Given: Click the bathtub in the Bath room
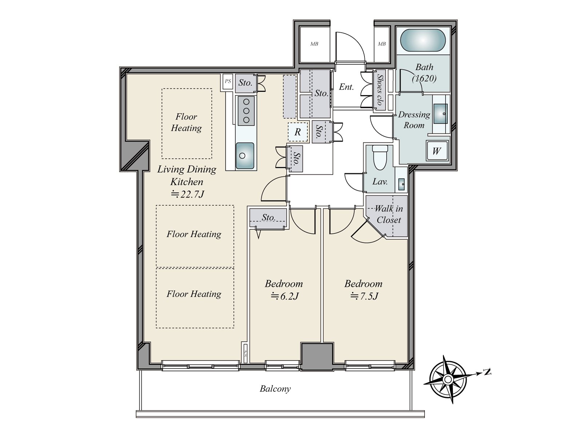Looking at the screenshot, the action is click(x=423, y=40).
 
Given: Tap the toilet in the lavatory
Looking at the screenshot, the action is click(x=380, y=158).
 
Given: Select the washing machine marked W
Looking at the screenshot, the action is click(x=436, y=151).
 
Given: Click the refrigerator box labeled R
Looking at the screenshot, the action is click(x=298, y=132).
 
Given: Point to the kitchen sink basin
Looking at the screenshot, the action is click(x=245, y=156).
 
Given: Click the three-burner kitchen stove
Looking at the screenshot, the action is click(x=246, y=111).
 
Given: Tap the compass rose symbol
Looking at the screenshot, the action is click(x=448, y=380).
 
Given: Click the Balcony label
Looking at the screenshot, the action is click(x=275, y=389).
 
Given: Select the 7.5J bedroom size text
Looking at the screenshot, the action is click(x=364, y=296).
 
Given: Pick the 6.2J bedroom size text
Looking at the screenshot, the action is click(x=284, y=296).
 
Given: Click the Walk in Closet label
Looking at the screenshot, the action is click(x=389, y=214).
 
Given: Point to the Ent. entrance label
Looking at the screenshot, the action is click(x=346, y=87).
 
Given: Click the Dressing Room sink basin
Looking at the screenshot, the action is click(x=441, y=114).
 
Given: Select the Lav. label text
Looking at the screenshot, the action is click(x=380, y=182).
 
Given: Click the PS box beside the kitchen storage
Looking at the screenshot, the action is click(x=228, y=81).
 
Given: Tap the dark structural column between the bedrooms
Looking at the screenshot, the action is click(x=316, y=356).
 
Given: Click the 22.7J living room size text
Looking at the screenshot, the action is click(x=187, y=195).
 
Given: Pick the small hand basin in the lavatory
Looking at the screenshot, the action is click(x=402, y=184).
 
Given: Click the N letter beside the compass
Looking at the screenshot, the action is click(x=487, y=372).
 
